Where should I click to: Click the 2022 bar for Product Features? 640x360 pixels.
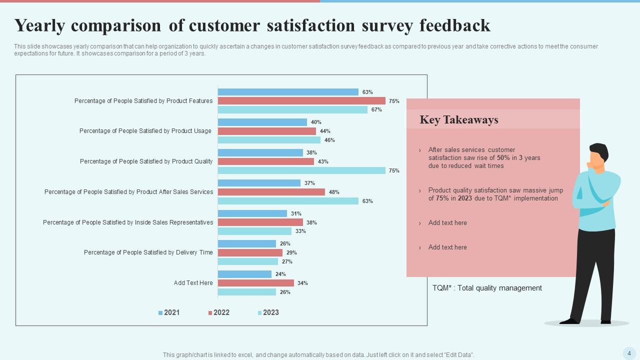click(x=301, y=101)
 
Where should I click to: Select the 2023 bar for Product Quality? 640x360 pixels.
click(x=301, y=170)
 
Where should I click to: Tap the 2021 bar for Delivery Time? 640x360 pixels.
click(x=247, y=243)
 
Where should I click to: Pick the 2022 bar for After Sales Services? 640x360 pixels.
click(x=271, y=192)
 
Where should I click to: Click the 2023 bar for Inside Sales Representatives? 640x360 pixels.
click(x=254, y=231)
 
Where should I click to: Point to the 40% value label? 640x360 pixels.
click(x=316, y=122)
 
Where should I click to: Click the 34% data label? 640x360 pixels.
click(x=302, y=283)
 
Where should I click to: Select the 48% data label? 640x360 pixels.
click(x=334, y=192)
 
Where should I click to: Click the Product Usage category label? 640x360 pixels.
click(x=145, y=131)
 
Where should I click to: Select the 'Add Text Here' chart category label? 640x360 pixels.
click(x=193, y=283)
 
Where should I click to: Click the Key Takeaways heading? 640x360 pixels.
click(x=459, y=120)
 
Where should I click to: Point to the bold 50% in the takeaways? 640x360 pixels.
click(x=503, y=158)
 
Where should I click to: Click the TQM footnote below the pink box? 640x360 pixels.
click(x=487, y=288)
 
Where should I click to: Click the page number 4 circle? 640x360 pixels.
click(x=629, y=353)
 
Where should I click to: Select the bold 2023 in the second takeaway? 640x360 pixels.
click(x=464, y=198)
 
